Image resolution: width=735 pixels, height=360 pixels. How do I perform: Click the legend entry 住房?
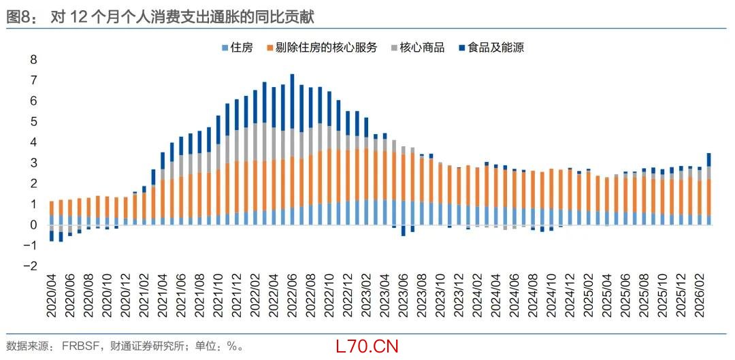point(237,48)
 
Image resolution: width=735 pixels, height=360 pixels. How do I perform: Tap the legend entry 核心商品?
point(417,48)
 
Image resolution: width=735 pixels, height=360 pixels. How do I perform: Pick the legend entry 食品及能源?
point(491,48)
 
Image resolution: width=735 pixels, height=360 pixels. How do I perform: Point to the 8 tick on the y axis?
point(33,60)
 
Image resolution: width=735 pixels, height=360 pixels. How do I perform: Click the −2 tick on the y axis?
point(31,266)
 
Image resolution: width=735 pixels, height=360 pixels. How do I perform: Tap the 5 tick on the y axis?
point(33,122)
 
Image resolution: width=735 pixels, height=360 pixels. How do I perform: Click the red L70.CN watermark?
point(367,346)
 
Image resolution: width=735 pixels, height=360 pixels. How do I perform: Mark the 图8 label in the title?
point(18,17)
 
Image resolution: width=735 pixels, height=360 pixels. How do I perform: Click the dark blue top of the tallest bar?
point(293,101)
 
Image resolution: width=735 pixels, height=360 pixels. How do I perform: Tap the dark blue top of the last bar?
point(709,160)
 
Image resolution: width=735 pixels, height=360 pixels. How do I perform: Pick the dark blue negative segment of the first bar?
point(52,235)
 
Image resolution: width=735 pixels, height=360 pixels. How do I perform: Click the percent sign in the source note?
point(231,346)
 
